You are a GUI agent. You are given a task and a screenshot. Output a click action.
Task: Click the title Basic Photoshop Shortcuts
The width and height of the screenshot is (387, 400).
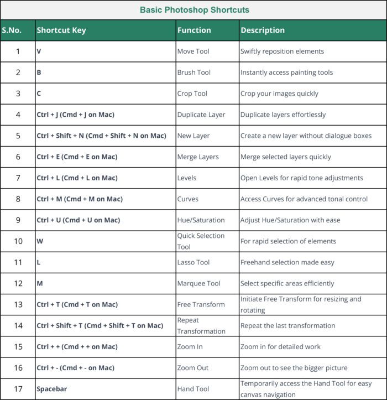tap(194, 10)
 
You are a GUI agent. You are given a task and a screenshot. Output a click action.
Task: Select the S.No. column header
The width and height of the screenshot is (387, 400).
tap(12, 30)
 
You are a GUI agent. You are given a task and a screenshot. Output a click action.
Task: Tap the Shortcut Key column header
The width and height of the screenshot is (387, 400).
tap(61, 30)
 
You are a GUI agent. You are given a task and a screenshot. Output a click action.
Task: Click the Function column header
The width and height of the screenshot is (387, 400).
tap(194, 30)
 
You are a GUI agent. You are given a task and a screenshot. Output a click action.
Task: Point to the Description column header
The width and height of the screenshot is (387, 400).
tap(263, 30)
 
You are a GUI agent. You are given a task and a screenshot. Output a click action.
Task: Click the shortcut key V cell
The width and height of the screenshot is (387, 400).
tap(39, 51)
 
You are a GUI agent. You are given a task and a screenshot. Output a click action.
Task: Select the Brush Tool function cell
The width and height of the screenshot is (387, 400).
tap(193, 72)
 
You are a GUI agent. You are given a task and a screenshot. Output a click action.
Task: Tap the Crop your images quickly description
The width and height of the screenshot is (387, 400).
tap(279, 93)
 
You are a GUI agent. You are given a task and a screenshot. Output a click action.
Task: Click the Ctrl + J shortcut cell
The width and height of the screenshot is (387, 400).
tap(76, 115)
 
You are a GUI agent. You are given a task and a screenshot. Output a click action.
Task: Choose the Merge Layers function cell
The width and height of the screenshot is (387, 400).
tap(198, 157)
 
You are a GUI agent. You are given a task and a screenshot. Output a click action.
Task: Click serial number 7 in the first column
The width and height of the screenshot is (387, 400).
tap(18, 178)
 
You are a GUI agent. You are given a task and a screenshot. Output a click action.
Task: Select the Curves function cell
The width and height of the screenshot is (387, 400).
tap(187, 199)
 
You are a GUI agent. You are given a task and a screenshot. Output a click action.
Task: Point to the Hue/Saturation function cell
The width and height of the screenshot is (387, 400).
tap(201, 220)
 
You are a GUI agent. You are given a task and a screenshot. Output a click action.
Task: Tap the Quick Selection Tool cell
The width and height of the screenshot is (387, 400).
tap(201, 241)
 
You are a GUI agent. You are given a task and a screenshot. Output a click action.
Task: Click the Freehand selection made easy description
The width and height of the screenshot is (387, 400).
tap(287, 262)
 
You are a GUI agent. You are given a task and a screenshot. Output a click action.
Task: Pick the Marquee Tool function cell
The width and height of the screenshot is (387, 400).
tap(198, 283)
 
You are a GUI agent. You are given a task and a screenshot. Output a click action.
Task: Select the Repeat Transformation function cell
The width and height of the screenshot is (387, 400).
tap(201, 325)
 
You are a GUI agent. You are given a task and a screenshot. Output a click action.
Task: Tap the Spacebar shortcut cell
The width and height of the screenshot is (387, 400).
tap(51, 389)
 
